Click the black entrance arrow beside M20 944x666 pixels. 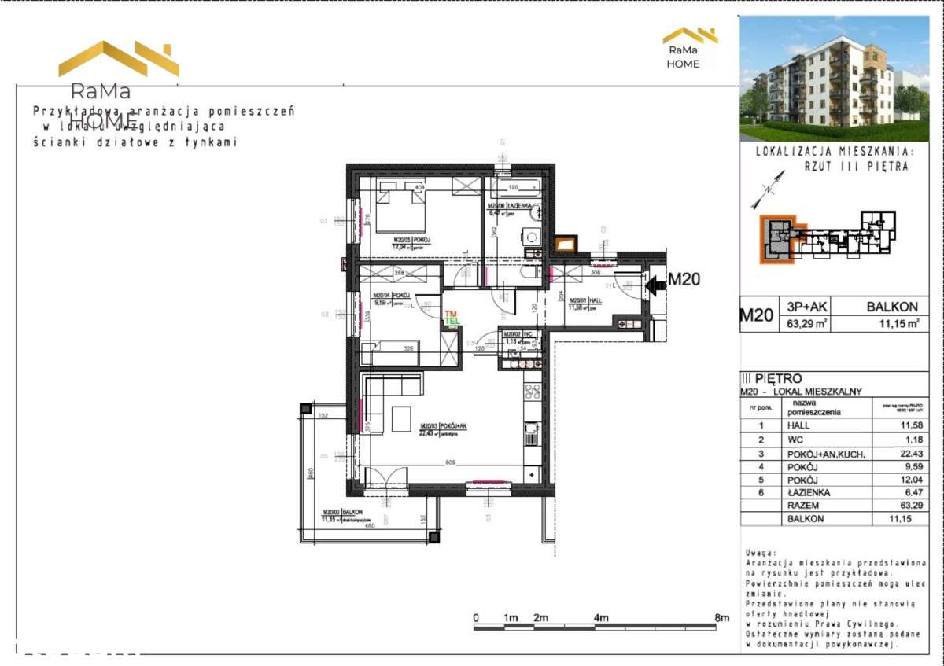point(652,288)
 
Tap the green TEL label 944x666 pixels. point(452,322)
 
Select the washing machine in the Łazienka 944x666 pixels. point(531,236)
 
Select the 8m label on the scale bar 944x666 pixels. point(721,618)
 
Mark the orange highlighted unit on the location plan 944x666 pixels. point(776,240)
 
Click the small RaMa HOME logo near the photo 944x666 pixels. point(689,48)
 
